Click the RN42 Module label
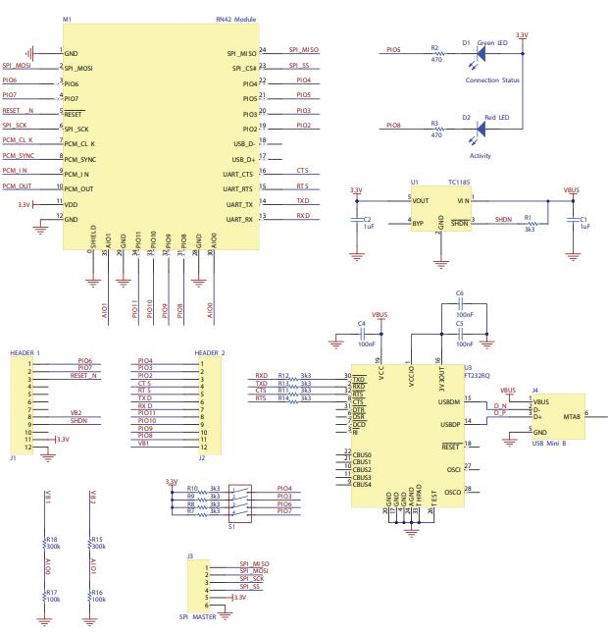click(235, 20)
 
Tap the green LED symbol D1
click(480, 48)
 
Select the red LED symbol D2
click(481, 126)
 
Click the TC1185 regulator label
click(459, 183)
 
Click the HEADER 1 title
click(25, 352)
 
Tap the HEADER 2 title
click(210, 352)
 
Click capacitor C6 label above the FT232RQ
click(459, 292)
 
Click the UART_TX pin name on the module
click(240, 202)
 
